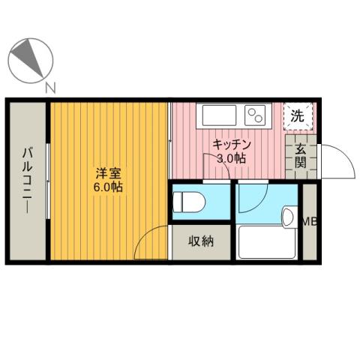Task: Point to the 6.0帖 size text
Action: pyautogui.click(x=106, y=187)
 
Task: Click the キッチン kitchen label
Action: pyautogui.click(x=230, y=144)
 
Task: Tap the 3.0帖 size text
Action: pyautogui.click(x=230, y=158)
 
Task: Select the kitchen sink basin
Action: pyautogui.click(x=218, y=116)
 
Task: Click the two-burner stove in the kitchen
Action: pyautogui.click(x=256, y=115)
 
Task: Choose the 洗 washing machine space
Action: pyautogui.click(x=298, y=116)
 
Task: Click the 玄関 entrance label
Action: pyautogui.click(x=299, y=156)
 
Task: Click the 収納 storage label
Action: pyautogui.click(x=201, y=241)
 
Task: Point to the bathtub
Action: pyautogui.click(x=267, y=241)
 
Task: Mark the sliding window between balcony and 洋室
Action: pyautogui.click(x=49, y=180)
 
